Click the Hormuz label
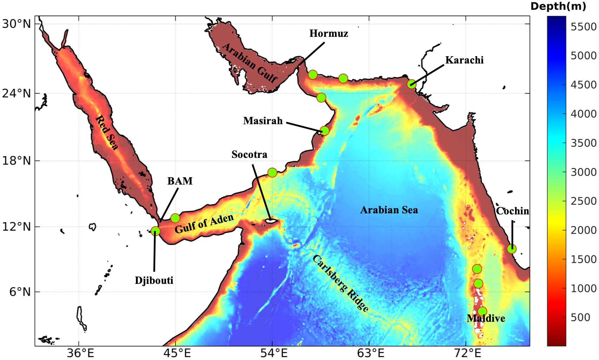click(328, 34)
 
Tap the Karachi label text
click(464, 60)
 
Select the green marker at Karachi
click(412, 84)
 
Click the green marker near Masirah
click(324, 131)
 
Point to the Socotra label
click(249, 154)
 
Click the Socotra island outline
click(271, 221)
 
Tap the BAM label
click(180, 181)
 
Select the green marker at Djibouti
click(155, 231)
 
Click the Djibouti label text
click(154, 280)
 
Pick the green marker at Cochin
click(512, 249)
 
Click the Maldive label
click(486, 318)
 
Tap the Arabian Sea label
click(389, 210)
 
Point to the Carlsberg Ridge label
click(340, 283)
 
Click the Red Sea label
click(107, 133)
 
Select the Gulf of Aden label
click(204, 224)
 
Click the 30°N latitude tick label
click(17, 24)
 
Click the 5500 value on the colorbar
click(583, 27)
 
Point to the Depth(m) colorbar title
click(558, 6)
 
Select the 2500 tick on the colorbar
click(583, 201)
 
